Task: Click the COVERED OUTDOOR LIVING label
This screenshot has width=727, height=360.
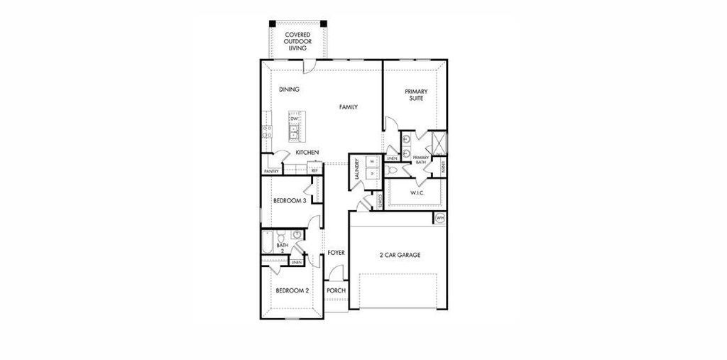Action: [296, 41]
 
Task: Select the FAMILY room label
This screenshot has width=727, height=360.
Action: [348, 107]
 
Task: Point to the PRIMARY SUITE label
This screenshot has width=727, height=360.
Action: [415, 94]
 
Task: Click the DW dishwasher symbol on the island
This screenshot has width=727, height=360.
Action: [293, 119]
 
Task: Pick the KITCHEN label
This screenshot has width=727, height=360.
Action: [307, 153]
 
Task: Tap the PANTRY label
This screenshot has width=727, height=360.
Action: [271, 171]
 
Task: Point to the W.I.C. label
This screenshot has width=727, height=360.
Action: [417, 193]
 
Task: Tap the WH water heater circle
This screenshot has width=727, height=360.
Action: [439, 218]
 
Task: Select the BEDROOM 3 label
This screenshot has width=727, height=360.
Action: [289, 201]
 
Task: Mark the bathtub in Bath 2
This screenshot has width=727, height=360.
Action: [268, 242]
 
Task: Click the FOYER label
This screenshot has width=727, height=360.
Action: [336, 253]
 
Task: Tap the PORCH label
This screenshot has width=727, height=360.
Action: [336, 290]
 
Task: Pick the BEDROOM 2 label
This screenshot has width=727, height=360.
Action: [292, 290]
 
